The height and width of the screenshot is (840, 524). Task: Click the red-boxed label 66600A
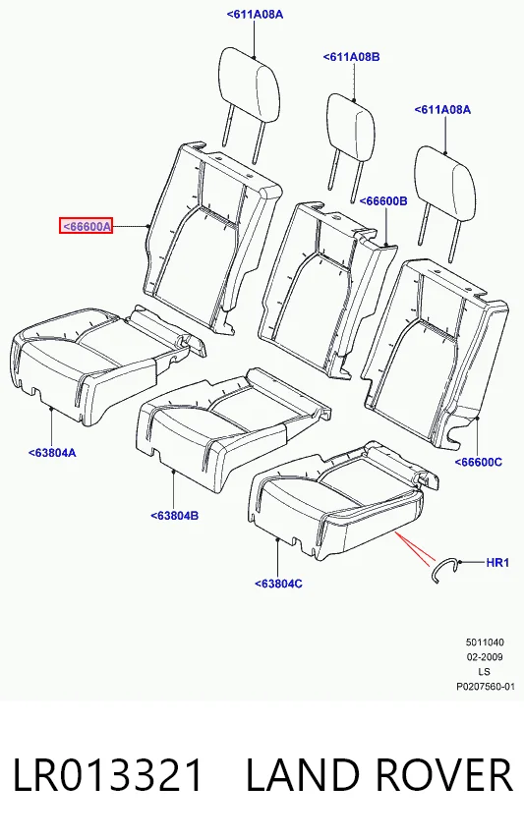[86, 227]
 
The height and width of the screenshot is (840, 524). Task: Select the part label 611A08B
[351, 57]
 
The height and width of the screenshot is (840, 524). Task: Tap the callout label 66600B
[383, 201]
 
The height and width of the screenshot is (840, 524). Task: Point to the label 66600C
[479, 462]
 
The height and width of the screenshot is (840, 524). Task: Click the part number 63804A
[52, 453]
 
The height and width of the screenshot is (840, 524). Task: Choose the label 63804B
[174, 516]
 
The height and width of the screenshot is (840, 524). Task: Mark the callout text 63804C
[278, 584]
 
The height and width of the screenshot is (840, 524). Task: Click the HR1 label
[497, 563]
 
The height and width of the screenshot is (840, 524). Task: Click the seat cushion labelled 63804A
[102, 364]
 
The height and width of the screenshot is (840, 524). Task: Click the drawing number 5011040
[485, 643]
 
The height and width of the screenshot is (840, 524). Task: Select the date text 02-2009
[485, 657]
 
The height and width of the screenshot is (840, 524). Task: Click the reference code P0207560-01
[486, 687]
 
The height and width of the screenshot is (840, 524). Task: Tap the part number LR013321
[108, 774]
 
